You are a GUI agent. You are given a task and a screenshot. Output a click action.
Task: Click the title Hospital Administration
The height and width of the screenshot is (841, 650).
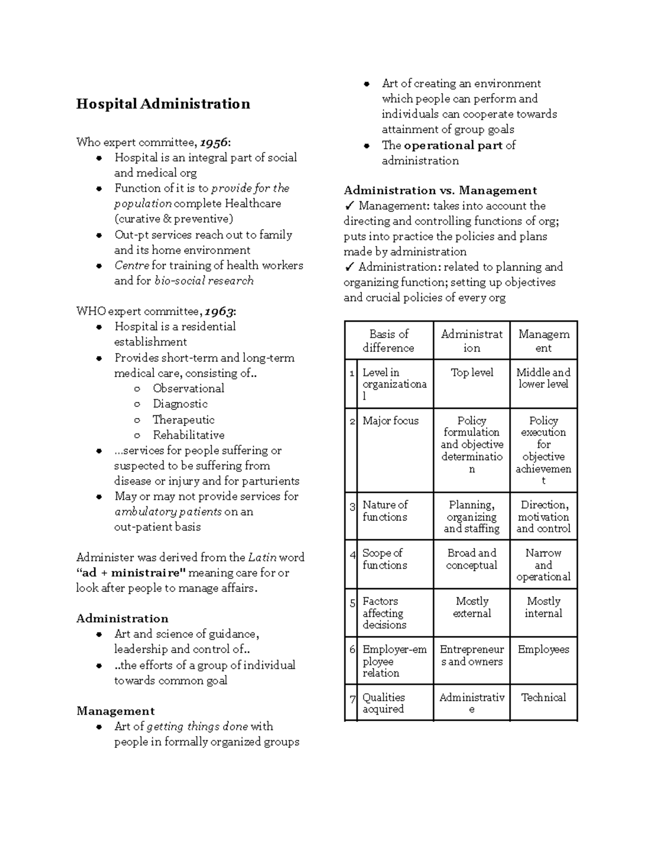[x=163, y=104]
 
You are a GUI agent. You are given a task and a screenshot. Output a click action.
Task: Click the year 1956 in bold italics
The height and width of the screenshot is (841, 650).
[x=213, y=142]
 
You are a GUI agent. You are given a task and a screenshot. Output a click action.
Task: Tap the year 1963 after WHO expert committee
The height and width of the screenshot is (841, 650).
[x=219, y=311]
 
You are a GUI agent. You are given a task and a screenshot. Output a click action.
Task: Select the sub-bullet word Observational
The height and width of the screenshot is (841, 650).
[x=188, y=388]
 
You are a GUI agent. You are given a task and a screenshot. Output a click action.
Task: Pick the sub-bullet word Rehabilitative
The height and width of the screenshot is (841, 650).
[x=188, y=435]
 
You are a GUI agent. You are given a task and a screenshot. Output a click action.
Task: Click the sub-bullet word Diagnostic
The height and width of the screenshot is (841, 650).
[x=180, y=404]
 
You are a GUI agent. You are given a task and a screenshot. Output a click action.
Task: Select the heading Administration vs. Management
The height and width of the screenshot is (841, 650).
[x=440, y=190]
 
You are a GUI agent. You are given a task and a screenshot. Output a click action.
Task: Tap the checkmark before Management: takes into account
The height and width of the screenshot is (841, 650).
[x=349, y=206]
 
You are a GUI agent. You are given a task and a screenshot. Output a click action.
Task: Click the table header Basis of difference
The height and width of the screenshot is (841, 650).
[x=388, y=341]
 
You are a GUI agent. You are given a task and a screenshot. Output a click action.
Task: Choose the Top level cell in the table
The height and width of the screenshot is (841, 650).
[x=472, y=373]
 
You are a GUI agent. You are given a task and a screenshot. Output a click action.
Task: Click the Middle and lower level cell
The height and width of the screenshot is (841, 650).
[x=543, y=378]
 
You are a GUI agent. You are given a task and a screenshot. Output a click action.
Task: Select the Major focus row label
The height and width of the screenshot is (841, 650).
[x=390, y=421]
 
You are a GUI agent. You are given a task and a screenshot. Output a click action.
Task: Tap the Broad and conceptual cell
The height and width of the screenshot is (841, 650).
[x=472, y=559]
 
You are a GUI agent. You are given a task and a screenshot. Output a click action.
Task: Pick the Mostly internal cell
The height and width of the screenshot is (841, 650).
[x=543, y=607]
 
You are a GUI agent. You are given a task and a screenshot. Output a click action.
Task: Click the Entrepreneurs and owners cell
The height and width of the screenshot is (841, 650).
[x=472, y=655]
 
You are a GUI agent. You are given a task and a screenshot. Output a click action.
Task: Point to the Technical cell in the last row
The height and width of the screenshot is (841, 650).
[x=543, y=697]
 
